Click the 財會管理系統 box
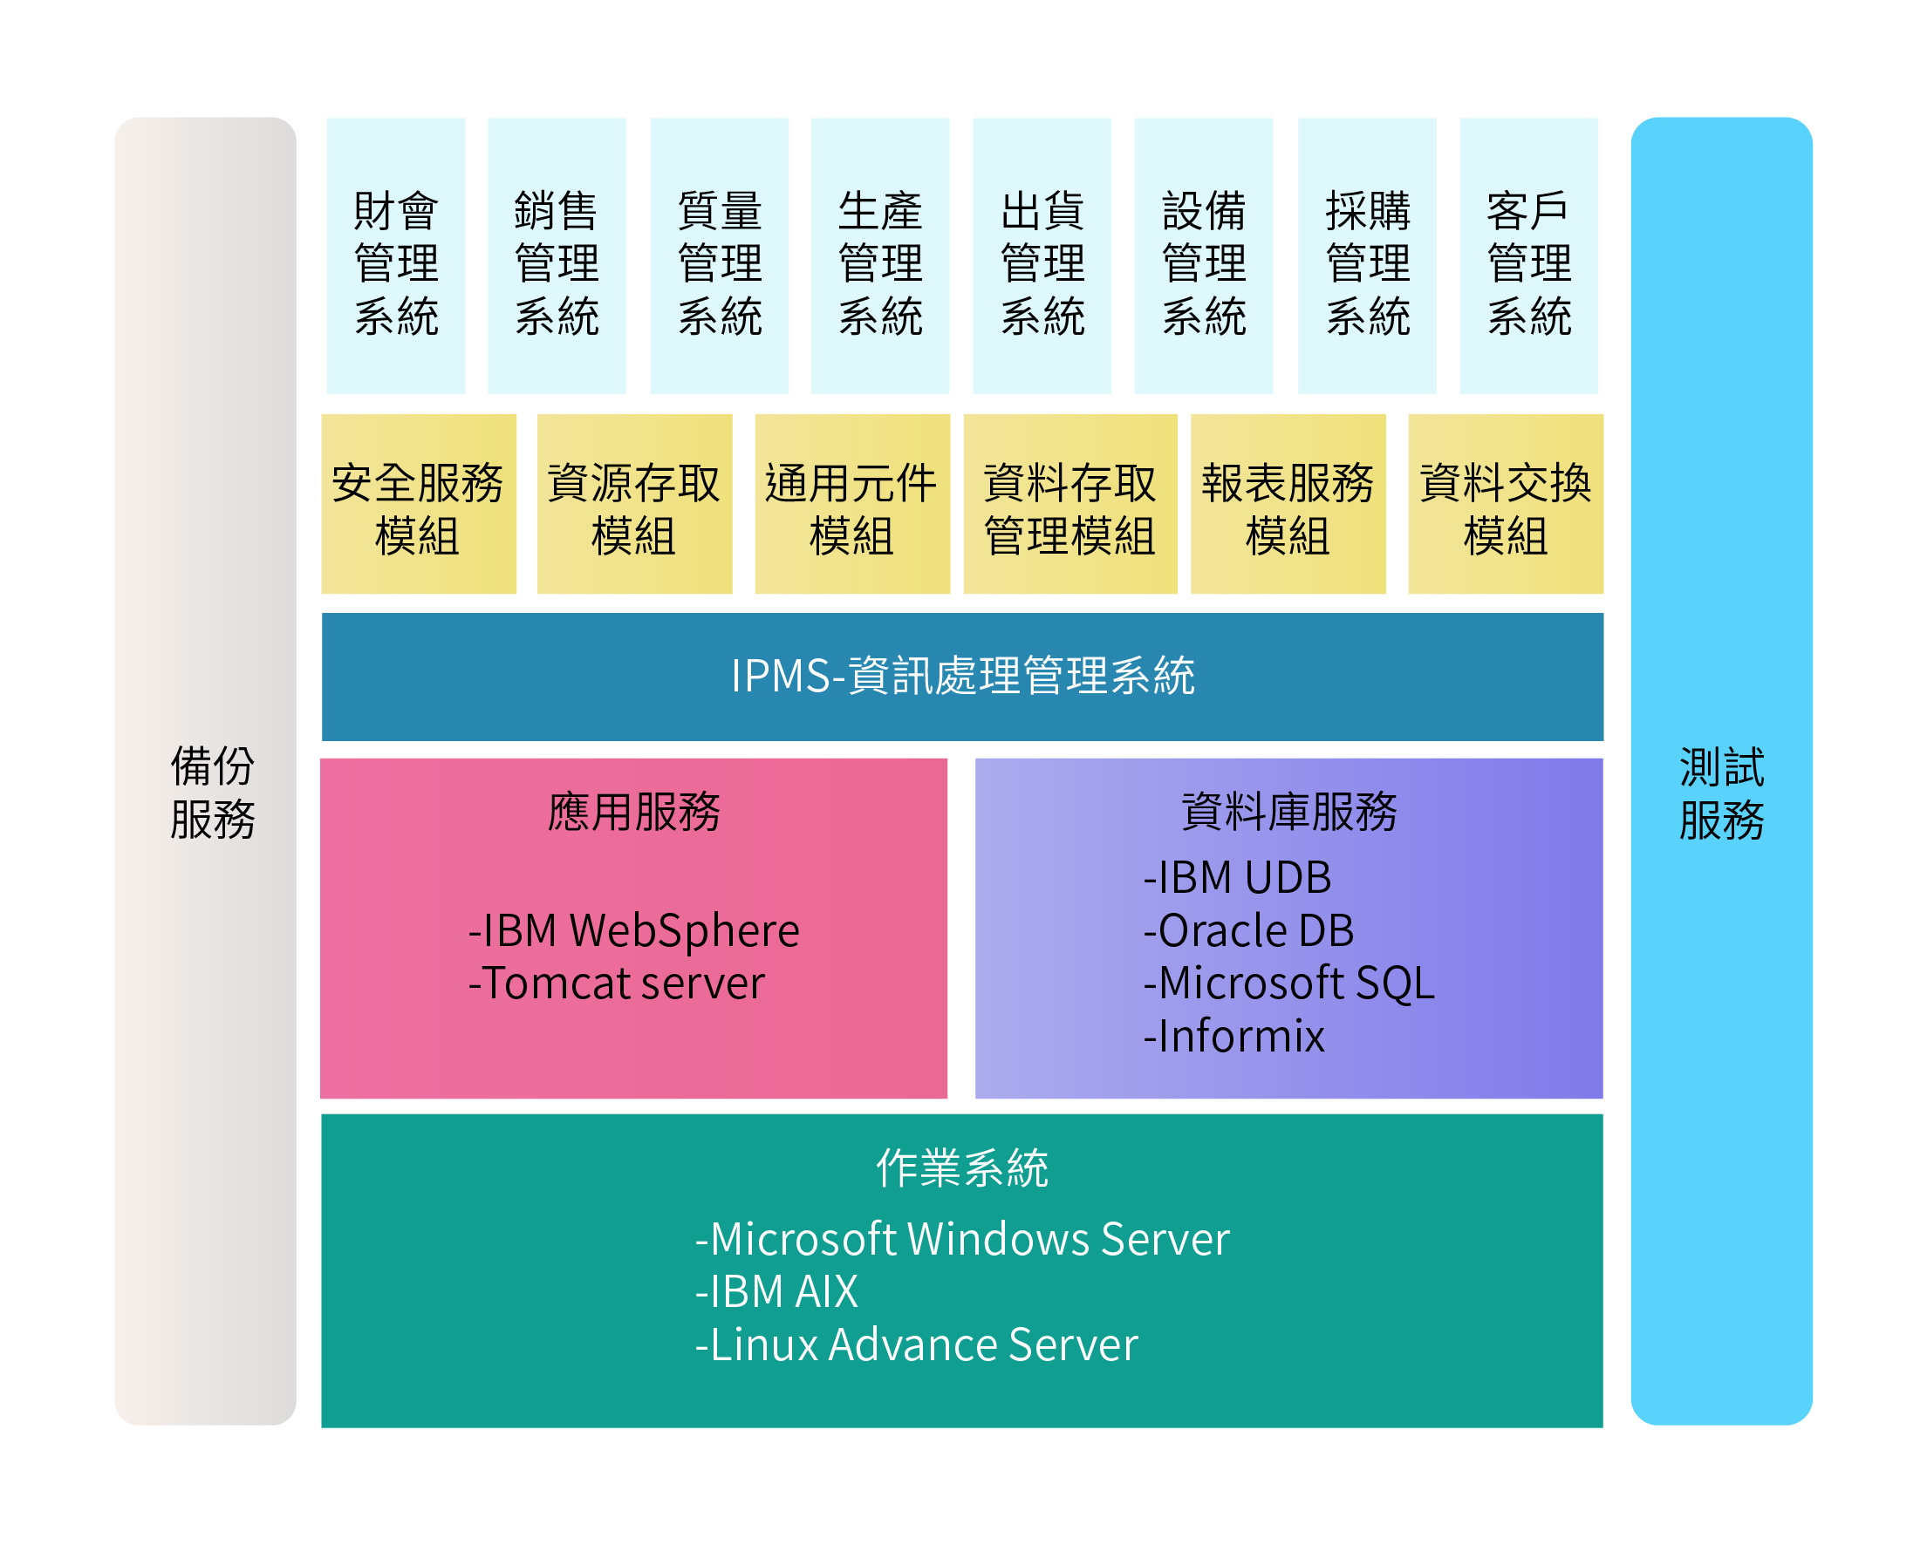coord(396,255)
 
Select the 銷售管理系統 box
coord(557,255)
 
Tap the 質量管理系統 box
coord(720,255)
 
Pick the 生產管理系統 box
coord(880,255)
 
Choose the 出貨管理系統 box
coord(1042,255)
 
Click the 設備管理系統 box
coord(1204,255)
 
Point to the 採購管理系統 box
coord(1368,255)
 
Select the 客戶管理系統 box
coord(1529,255)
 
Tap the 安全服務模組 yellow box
coord(419,504)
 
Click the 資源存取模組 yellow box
coord(634,504)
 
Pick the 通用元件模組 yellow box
coord(852,504)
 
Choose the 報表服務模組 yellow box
coord(1288,504)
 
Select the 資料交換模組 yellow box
coord(1506,504)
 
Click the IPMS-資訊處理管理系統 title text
coord(962,676)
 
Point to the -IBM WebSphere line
coord(633,930)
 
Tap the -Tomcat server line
coord(617,983)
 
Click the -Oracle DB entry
coord(1248,930)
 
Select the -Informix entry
coord(1233,1036)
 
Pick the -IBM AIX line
coord(776,1291)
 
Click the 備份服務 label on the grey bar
coord(213,793)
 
